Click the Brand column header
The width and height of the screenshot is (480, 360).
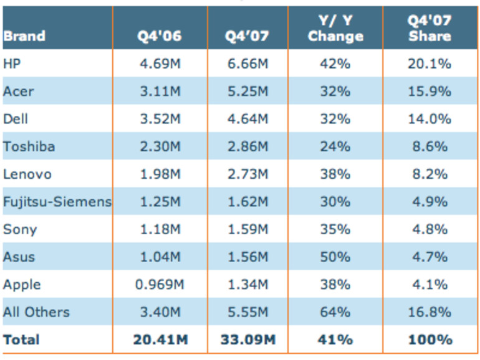(x=24, y=36)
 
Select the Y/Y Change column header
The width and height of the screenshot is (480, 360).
(x=335, y=29)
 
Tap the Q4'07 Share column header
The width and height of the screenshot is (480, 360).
(x=430, y=29)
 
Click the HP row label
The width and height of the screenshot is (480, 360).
(x=12, y=64)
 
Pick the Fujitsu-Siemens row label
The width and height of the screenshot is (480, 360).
(x=57, y=202)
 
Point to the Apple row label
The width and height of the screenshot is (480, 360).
(x=22, y=285)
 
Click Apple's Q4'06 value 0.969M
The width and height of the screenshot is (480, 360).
(x=160, y=285)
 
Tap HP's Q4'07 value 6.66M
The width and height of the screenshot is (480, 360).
(x=247, y=64)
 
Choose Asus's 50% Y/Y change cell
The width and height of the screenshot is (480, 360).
(x=335, y=257)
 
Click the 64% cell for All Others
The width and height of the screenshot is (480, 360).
(x=335, y=312)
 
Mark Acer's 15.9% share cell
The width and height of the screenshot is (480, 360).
(x=430, y=91)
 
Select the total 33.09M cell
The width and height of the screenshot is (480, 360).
(x=247, y=339)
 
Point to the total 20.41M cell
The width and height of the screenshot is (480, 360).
(x=160, y=339)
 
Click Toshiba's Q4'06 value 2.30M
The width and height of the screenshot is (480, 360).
(x=160, y=146)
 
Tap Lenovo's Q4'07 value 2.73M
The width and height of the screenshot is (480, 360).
(x=247, y=174)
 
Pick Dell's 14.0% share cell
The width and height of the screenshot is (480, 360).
(x=430, y=118)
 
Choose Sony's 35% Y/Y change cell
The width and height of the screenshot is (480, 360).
(x=335, y=229)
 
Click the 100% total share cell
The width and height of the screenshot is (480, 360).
(x=430, y=339)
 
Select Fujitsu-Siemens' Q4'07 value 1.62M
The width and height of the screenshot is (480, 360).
(x=247, y=202)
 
